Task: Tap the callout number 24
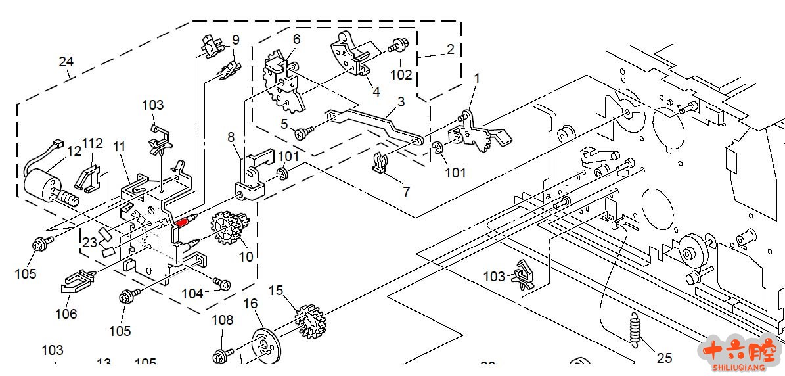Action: point(66,62)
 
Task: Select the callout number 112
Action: point(93,143)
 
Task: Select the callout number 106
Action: point(66,314)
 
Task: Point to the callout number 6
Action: point(296,39)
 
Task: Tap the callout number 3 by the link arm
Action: point(401,102)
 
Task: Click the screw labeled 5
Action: point(304,134)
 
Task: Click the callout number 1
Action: point(477,78)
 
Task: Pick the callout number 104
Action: point(192,294)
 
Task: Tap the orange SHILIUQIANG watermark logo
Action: point(739,354)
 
